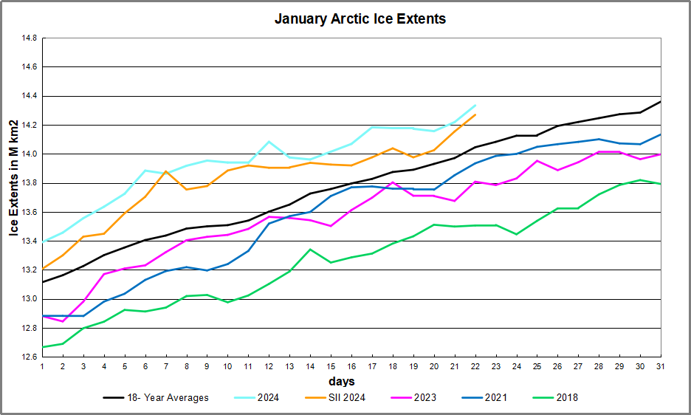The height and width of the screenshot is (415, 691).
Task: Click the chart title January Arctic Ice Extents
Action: (360, 19)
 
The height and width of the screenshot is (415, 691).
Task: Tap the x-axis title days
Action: (342, 381)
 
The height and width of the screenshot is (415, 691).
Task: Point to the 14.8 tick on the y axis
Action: (28, 38)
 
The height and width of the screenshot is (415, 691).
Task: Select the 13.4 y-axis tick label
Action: (28, 241)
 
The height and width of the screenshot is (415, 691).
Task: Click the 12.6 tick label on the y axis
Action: (28, 357)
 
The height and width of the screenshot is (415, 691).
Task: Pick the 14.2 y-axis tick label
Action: (28, 125)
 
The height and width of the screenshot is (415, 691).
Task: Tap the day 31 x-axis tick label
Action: (659, 366)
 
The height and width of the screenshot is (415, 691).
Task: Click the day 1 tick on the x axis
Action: (42, 366)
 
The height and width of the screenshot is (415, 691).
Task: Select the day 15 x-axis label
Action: (330, 366)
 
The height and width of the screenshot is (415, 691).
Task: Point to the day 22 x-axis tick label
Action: (474, 366)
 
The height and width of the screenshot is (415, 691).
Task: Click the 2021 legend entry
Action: (495, 397)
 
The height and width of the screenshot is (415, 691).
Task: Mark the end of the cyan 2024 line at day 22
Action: (475, 105)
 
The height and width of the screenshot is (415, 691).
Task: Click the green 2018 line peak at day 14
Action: (310, 249)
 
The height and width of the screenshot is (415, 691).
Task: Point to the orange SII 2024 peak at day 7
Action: (166, 171)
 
